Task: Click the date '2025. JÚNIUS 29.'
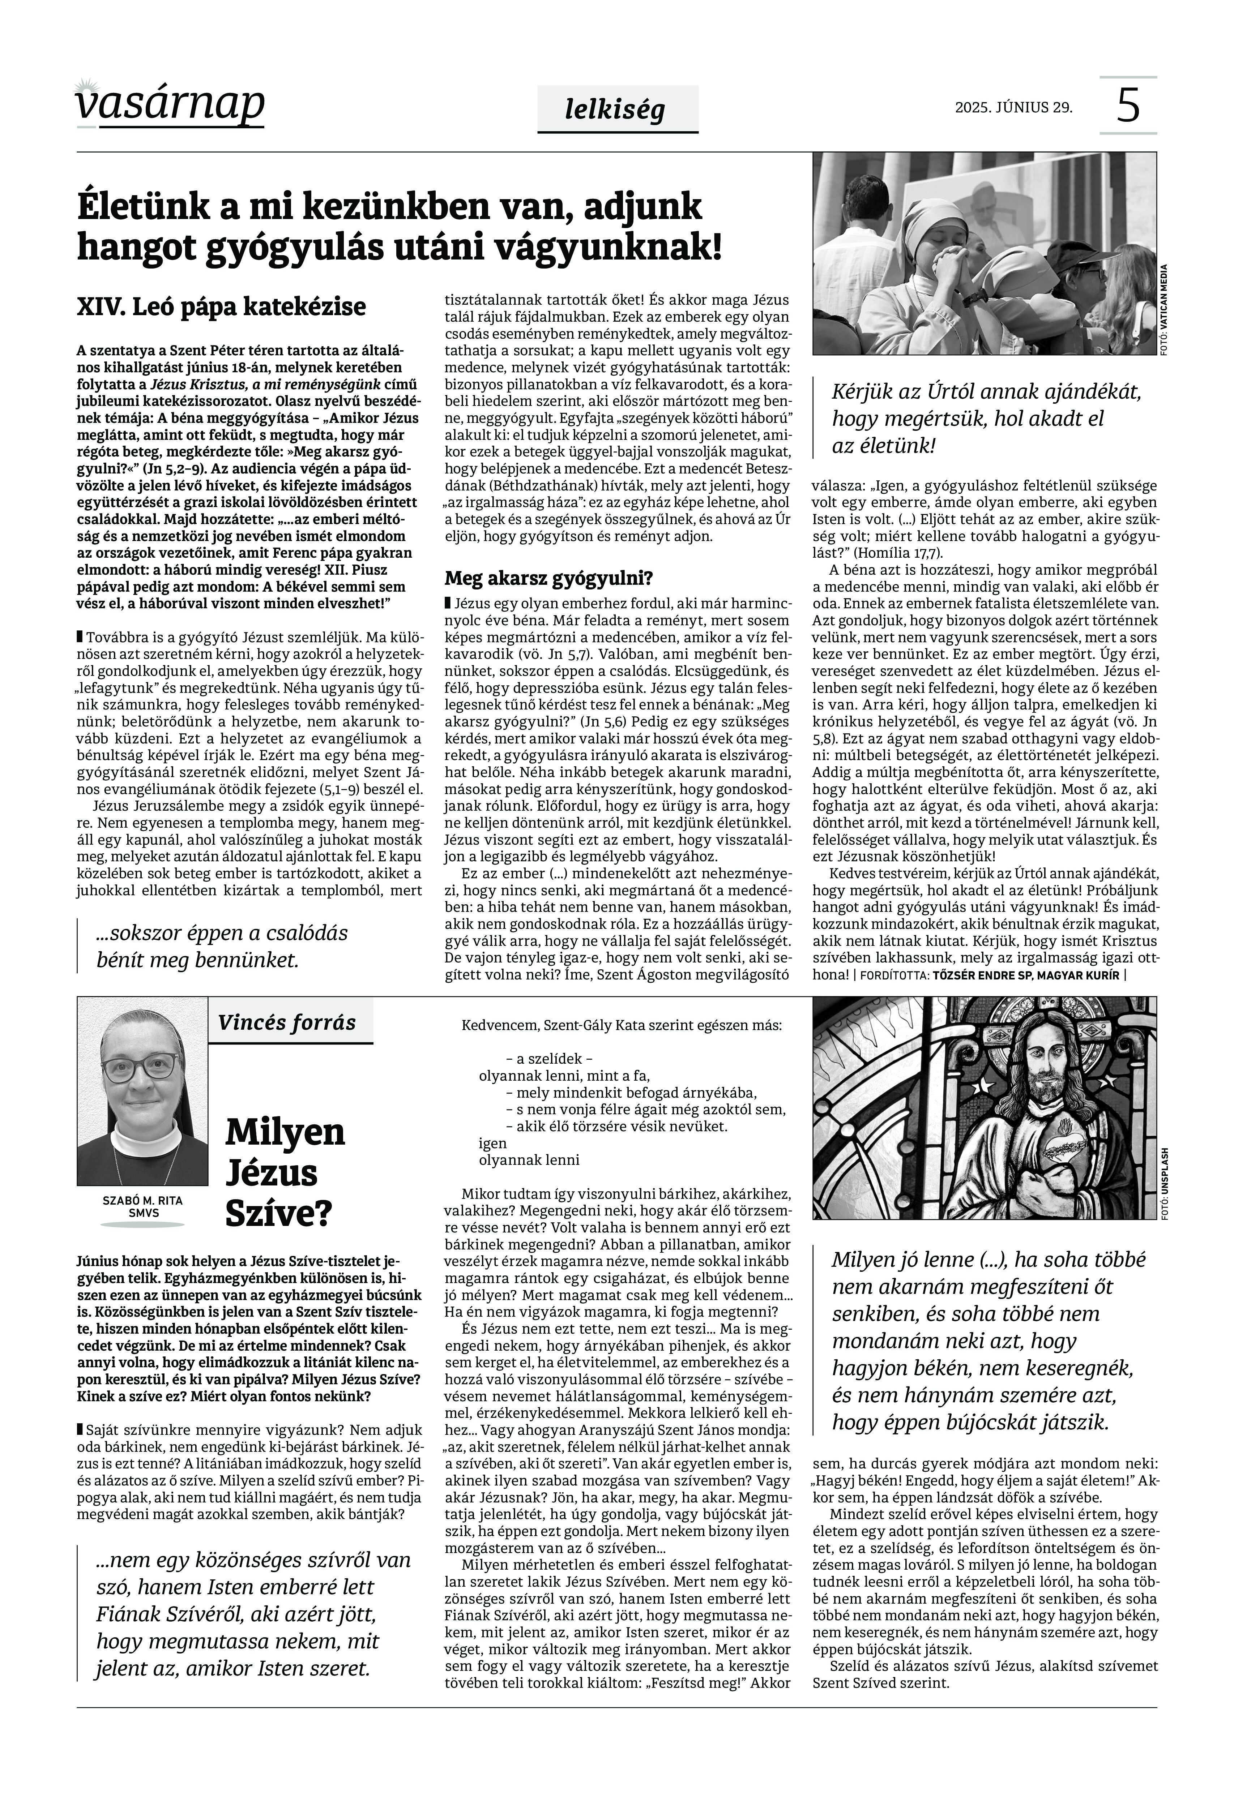[1014, 107]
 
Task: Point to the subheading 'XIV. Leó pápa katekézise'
[221, 307]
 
